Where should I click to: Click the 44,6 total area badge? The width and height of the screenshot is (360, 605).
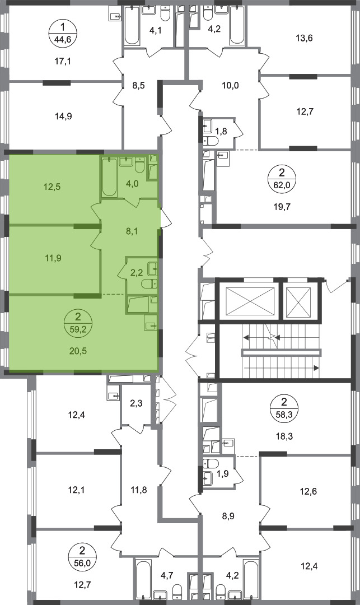tap(63, 34)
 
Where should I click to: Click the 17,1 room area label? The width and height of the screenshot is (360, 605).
tap(63, 61)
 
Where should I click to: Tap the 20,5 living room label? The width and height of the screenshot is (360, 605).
tap(78, 351)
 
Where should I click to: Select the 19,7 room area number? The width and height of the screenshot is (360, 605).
tap(282, 207)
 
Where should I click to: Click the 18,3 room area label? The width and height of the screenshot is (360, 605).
tap(285, 437)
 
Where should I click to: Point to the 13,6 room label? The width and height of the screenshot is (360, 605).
tap(304, 38)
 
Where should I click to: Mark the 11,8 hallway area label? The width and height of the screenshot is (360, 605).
tap(138, 490)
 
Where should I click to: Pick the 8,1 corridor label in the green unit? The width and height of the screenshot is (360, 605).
tap(132, 231)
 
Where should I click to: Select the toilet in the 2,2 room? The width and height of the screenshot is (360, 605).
tap(149, 284)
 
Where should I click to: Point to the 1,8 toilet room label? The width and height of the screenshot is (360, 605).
tap(221, 131)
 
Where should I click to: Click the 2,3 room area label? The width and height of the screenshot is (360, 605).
tap(136, 404)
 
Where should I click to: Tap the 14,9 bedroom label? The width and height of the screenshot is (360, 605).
tap(64, 116)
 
